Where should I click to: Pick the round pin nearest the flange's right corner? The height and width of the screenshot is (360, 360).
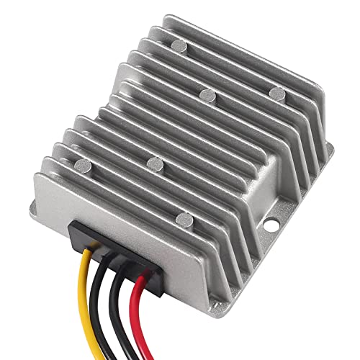276,91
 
